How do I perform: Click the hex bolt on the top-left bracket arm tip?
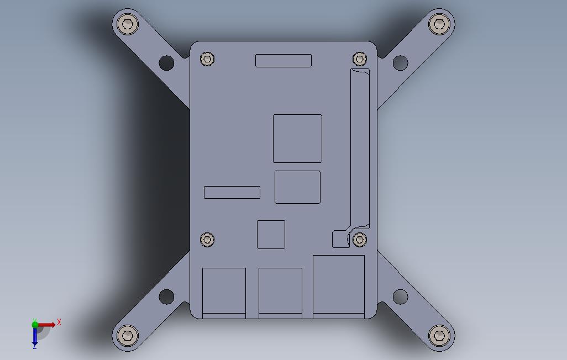click(128, 24)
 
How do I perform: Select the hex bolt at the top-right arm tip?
click(439, 24)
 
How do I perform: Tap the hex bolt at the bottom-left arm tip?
click(128, 335)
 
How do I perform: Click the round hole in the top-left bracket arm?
click(166, 63)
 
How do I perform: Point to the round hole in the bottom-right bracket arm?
click(400, 297)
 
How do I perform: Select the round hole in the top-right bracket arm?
click(400, 63)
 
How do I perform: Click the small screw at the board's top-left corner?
click(207, 59)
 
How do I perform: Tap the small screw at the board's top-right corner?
click(360, 59)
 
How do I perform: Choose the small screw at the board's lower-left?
click(207, 239)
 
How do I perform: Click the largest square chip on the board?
click(297, 139)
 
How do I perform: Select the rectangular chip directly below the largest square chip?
click(297, 187)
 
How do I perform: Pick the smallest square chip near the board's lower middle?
click(271, 235)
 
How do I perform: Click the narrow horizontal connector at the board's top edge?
click(283, 61)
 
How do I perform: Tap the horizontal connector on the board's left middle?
click(232, 192)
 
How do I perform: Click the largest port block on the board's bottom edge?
click(339, 286)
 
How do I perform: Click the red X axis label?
click(59, 322)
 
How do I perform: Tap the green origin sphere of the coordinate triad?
click(35, 325)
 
